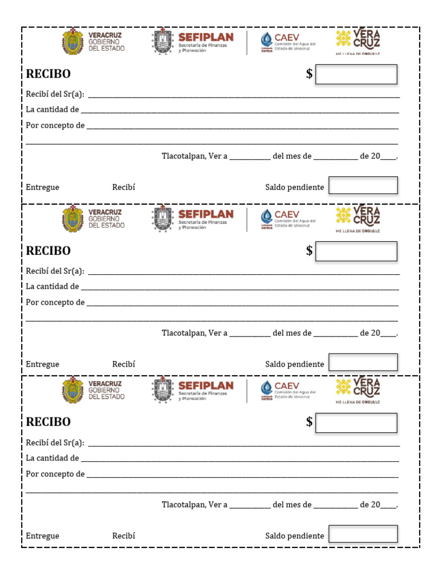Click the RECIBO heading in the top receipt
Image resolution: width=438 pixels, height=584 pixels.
click(48, 74)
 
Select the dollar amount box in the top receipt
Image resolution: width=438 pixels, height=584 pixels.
click(356, 75)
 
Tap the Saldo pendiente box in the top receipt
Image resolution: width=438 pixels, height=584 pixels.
click(363, 185)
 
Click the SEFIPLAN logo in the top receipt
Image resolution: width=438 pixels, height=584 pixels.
click(193, 42)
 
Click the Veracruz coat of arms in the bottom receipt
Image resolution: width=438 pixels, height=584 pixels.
click(73, 391)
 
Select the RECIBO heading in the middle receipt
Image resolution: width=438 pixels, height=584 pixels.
click(48, 251)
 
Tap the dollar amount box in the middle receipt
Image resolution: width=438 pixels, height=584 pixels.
click(356, 252)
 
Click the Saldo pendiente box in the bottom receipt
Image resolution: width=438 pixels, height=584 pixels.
click(363, 534)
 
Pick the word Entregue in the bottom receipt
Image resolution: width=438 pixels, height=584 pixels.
click(43, 536)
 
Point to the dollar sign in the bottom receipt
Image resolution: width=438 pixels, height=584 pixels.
click(309, 422)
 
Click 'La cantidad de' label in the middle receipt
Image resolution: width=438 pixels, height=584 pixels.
click(52, 287)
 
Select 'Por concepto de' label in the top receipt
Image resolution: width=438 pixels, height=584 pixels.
click(55, 125)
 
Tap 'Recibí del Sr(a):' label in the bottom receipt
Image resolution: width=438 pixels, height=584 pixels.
click(55, 443)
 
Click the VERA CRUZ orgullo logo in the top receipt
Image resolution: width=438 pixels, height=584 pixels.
click(358, 42)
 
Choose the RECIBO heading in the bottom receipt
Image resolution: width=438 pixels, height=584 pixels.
click(48, 422)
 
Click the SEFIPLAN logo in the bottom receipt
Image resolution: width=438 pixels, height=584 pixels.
click(193, 390)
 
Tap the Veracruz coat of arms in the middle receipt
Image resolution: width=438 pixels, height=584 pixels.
click(73, 218)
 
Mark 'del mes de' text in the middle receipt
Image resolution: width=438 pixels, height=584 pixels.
click(292, 333)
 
